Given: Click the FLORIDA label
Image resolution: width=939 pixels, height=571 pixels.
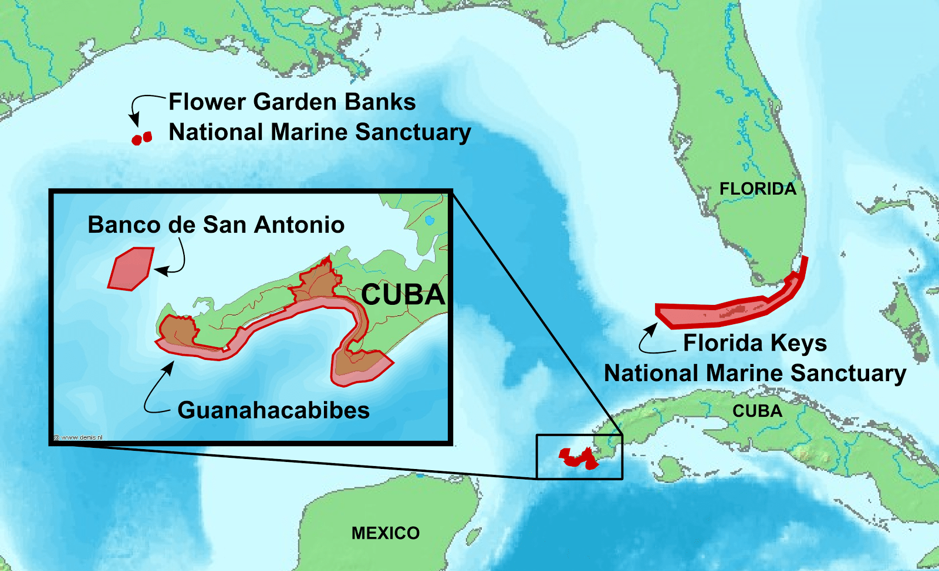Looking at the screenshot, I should [758, 189].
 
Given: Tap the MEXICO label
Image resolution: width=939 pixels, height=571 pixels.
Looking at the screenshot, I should [386, 533].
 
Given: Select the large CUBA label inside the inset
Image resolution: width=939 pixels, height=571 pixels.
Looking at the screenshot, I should [403, 295].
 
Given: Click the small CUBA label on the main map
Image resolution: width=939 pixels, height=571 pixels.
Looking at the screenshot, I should [757, 411].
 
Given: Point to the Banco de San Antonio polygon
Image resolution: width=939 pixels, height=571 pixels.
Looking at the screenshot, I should [131, 268].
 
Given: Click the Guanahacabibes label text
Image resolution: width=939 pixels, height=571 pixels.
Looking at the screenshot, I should [273, 410].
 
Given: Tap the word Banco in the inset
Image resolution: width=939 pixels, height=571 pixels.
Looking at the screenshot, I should [124, 225].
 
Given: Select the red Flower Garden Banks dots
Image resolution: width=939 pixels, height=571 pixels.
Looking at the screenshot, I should [141, 138].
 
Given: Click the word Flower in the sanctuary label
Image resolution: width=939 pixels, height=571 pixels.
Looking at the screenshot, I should [207, 102].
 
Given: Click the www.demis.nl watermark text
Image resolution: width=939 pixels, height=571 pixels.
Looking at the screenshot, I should [79, 437].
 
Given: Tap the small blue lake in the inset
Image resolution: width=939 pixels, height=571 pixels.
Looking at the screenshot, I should [430, 220].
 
